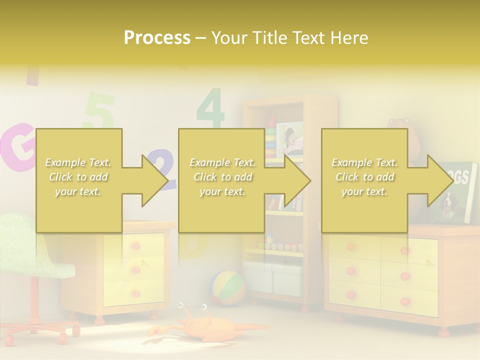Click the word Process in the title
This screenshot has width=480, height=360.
[157, 37]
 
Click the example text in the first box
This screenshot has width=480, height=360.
[78, 176]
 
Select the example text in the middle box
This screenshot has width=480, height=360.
[222, 176]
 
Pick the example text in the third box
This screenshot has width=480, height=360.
[364, 176]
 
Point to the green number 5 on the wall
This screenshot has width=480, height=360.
[100, 111]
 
